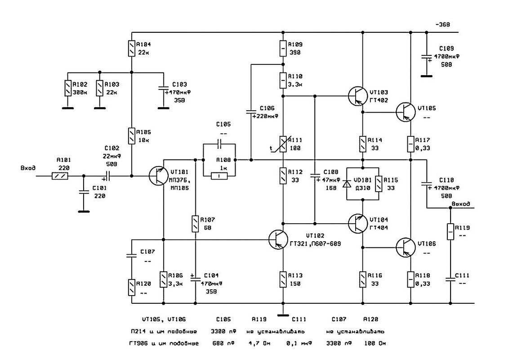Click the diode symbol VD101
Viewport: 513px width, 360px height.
pos(347,184)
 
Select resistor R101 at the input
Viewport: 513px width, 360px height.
pos(60,176)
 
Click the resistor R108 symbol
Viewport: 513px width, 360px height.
pos(219,176)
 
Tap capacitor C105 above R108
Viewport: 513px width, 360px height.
pos(219,144)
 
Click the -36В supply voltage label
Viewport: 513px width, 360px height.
pos(443,24)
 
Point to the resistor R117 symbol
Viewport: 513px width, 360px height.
pos(410,144)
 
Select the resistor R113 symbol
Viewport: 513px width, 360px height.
pos(283,279)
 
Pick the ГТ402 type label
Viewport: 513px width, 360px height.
pos(379,100)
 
